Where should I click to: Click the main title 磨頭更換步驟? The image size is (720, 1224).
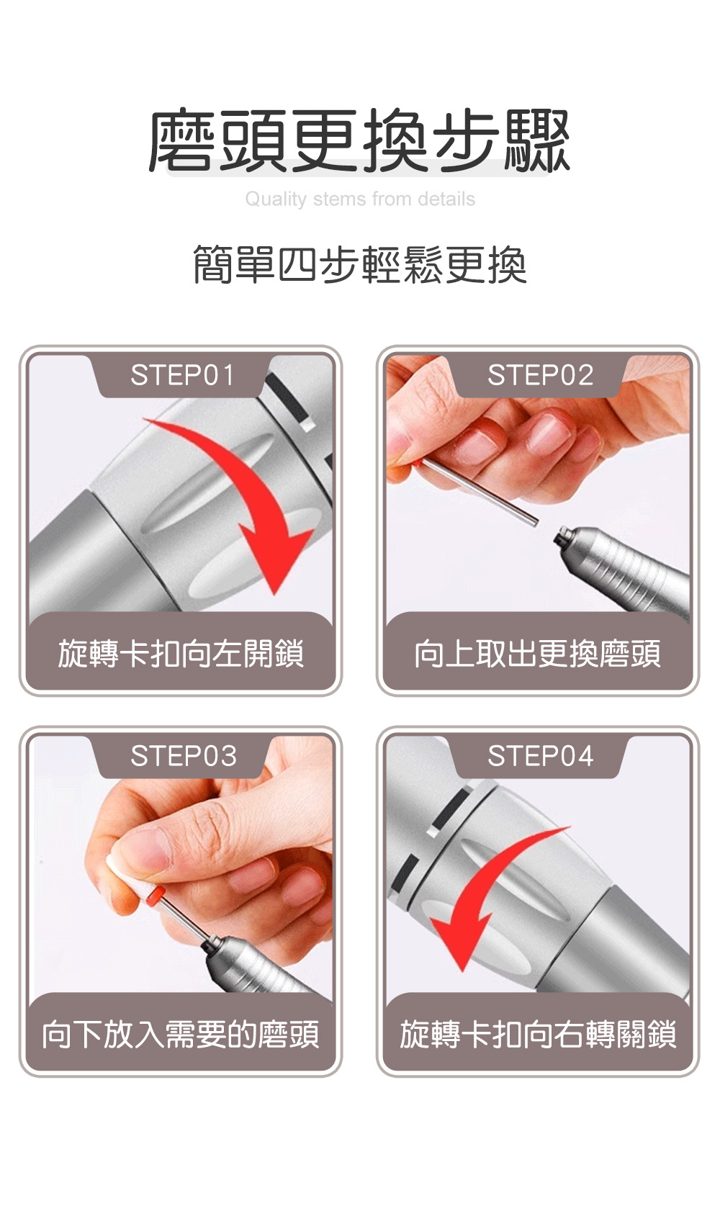[x=360, y=141]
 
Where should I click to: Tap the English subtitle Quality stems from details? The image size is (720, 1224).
[x=360, y=199]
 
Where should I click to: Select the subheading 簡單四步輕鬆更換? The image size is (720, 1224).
[x=360, y=265]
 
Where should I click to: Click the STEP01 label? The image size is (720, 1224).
[x=182, y=375]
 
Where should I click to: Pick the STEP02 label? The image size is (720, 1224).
[x=540, y=375]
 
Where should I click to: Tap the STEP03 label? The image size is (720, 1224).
[x=184, y=756]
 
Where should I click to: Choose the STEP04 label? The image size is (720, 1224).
[x=540, y=756]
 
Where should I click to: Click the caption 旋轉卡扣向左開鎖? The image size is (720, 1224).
[x=181, y=654]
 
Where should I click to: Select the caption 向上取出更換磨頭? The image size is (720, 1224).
[x=538, y=654]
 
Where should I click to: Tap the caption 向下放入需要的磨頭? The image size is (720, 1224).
[x=181, y=1035]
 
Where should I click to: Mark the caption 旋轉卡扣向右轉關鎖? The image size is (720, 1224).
[x=538, y=1035]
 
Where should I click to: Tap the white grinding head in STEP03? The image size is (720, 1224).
[x=123, y=873]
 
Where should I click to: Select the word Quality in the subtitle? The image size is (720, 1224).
[x=276, y=199]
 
